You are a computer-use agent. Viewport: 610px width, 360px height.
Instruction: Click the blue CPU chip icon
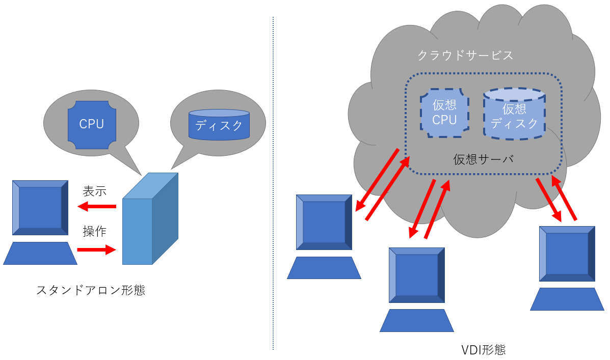[92, 125]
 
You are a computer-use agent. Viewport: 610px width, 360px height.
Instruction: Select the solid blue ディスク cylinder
[219, 125]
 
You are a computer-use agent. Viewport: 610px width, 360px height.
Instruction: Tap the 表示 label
[94, 191]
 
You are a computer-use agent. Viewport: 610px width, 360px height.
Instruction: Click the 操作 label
[94, 232]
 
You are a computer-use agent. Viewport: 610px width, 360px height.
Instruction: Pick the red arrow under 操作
[97, 250]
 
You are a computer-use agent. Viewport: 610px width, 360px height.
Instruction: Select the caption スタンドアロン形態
[91, 290]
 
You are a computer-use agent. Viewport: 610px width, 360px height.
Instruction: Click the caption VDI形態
[483, 350]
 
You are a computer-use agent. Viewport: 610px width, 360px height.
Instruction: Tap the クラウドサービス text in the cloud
[465, 56]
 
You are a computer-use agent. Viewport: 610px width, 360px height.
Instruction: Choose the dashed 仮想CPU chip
[444, 113]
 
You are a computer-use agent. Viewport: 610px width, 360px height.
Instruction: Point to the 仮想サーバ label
[483, 159]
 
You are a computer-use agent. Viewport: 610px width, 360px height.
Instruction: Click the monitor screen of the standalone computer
[40, 207]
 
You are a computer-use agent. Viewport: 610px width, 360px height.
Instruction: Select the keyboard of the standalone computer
[40, 253]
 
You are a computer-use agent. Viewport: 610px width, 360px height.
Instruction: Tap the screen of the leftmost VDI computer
[324, 221]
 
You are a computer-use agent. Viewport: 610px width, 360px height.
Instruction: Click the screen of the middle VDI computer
[416, 275]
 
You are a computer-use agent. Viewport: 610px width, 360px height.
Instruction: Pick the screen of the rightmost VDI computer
[567, 254]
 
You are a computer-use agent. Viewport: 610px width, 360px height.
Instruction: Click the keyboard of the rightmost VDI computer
[567, 299]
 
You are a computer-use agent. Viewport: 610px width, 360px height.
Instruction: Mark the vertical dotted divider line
[273, 183]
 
